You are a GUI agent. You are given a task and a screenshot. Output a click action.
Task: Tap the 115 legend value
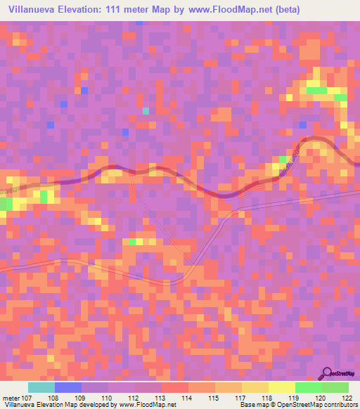[213, 397]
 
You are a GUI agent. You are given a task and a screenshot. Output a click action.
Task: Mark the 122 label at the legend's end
[347, 397]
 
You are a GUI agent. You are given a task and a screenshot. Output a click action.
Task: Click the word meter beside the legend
[10, 397]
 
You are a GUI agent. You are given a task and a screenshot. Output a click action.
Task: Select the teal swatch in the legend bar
[41, 387]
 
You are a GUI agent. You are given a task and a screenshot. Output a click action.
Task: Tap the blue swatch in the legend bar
[67, 387]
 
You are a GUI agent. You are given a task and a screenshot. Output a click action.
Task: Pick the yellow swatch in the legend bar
[255, 387]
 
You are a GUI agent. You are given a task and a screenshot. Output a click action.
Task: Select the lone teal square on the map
[146, 110]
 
